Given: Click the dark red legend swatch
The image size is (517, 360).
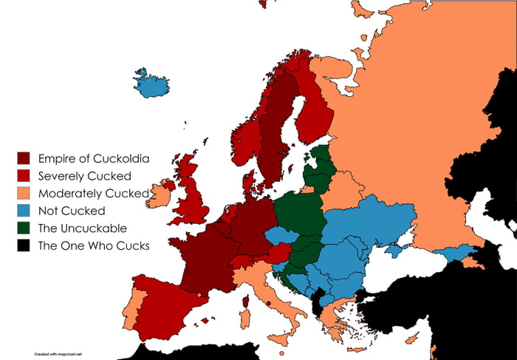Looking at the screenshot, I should (x=24, y=158).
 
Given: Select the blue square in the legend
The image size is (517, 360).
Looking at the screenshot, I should (x=24, y=211).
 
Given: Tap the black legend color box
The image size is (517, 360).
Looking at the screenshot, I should (x=24, y=245).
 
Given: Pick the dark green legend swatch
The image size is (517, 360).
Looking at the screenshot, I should (x=24, y=228).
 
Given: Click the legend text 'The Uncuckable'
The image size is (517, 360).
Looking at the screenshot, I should (x=82, y=228).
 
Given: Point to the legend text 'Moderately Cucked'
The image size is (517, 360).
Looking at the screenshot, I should (x=92, y=194).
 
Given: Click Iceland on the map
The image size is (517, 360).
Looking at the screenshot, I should (x=151, y=84).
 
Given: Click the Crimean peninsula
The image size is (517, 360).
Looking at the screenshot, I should (x=393, y=251).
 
